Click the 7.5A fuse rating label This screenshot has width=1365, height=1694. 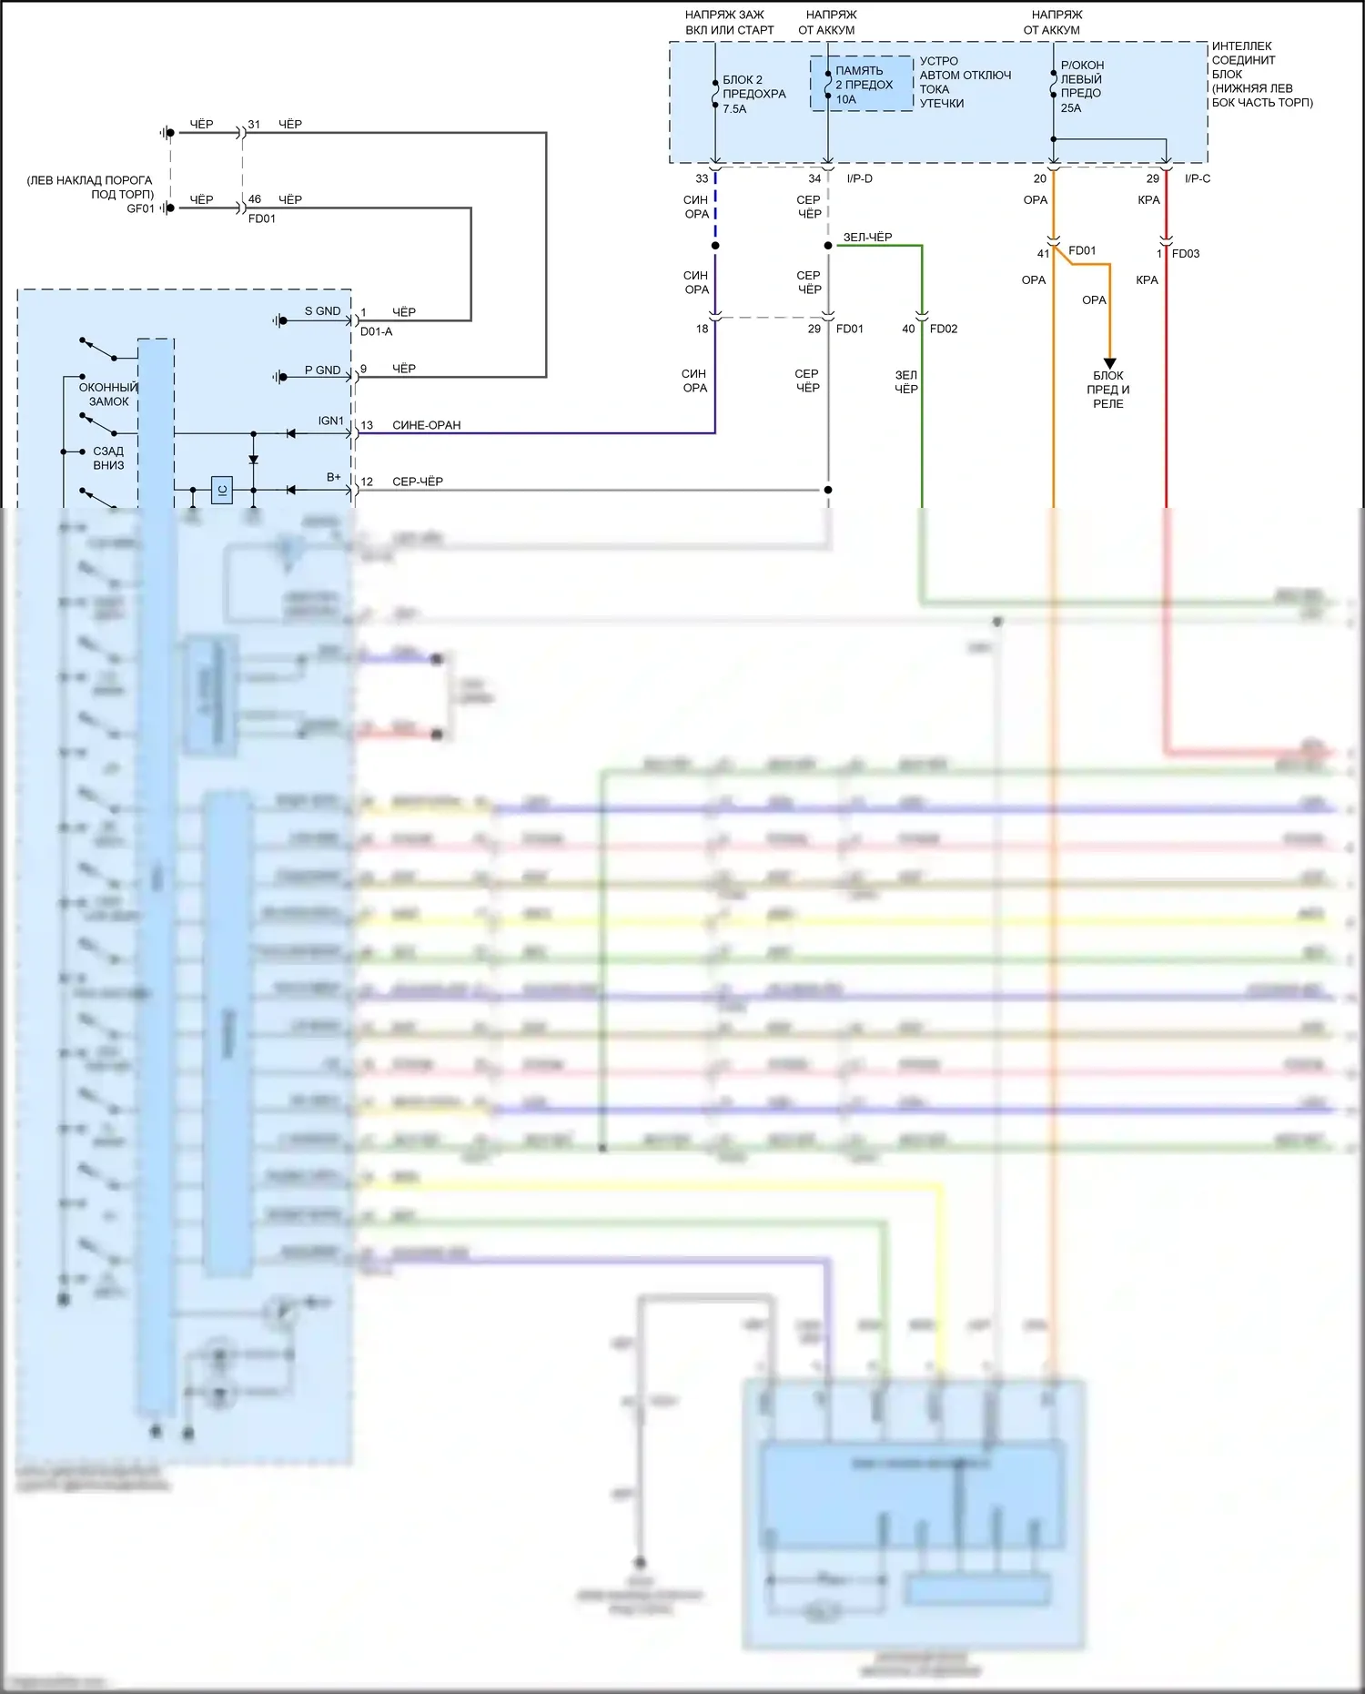point(734,109)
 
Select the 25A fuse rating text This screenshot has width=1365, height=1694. point(1071,108)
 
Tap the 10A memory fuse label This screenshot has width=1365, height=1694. point(846,100)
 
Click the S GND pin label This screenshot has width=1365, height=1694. point(322,311)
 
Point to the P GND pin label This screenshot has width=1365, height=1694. point(322,370)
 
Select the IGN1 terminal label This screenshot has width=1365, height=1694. point(331,421)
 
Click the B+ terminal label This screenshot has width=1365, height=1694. point(334,477)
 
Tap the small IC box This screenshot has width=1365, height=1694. point(222,490)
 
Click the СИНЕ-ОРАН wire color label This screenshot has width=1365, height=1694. point(426,425)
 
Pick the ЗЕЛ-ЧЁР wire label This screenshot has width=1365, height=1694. point(867,238)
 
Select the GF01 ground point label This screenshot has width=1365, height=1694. point(140,208)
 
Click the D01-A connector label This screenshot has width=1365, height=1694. point(376,331)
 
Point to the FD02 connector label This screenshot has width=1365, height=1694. point(944,329)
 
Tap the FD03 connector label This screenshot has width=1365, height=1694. point(1186,254)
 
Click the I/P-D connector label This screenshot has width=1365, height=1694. point(859,178)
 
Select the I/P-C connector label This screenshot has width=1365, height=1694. point(1198,178)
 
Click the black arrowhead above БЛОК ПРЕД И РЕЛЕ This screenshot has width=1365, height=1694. point(1109,363)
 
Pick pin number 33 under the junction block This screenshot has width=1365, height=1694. point(702,178)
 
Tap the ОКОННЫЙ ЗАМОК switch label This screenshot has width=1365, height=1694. point(108,394)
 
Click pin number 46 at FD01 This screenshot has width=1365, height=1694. point(255,199)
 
